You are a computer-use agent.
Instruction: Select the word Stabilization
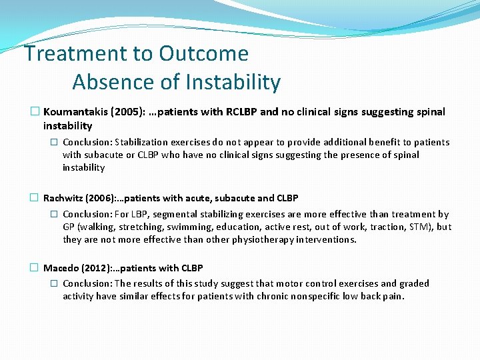point(145,142)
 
